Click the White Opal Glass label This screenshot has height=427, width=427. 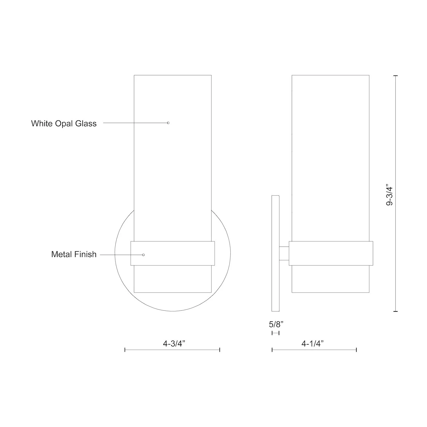pyautogui.click(x=64, y=124)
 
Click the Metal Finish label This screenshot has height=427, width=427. pyautogui.click(x=74, y=254)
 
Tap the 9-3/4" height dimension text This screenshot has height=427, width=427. pyautogui.click(x=389, y=196)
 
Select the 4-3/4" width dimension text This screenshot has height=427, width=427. pyautogui.click(x=174, y=344)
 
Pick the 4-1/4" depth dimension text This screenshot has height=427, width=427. pyautogui.click(x=313, y=344)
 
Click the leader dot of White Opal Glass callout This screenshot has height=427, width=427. pyautogui.click(x=168, y=123)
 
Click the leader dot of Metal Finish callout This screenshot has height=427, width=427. pyautogui.click(x=143, y=255)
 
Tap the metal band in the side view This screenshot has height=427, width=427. pyautogui.click(x=331, y=253)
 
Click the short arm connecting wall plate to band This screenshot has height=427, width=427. pyautogui.click(x=284, y=253)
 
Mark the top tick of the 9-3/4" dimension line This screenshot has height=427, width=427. pyautogui.click(x=395, y=76)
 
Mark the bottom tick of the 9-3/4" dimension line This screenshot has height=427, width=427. pyautogui.click(x=395, y=311)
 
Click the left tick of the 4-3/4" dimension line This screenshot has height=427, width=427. pyautogui.click(x=125, y=350)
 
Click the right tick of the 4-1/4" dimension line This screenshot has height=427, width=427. pyautogui.click(x=356, y=350)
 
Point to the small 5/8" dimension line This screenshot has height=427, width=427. pyautogui.click(x=276, y=333)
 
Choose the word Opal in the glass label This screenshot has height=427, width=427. pyautogui.click(x=64, y=124)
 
